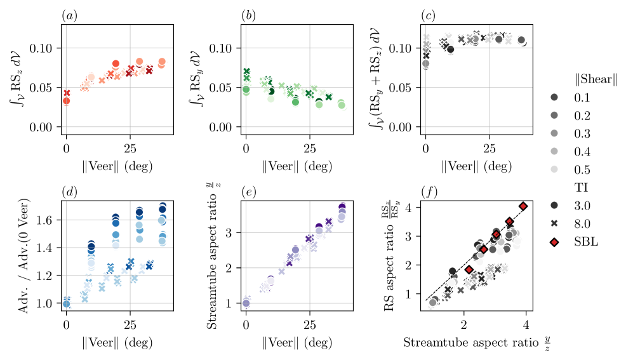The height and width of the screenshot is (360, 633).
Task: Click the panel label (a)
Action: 69,15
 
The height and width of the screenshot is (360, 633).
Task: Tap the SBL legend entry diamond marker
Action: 554,241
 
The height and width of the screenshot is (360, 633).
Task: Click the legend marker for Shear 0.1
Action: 554,97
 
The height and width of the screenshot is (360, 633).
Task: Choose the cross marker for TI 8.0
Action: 554,223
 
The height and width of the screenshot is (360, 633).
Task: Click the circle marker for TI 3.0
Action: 554,205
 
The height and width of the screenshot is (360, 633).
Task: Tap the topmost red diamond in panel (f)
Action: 523,206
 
